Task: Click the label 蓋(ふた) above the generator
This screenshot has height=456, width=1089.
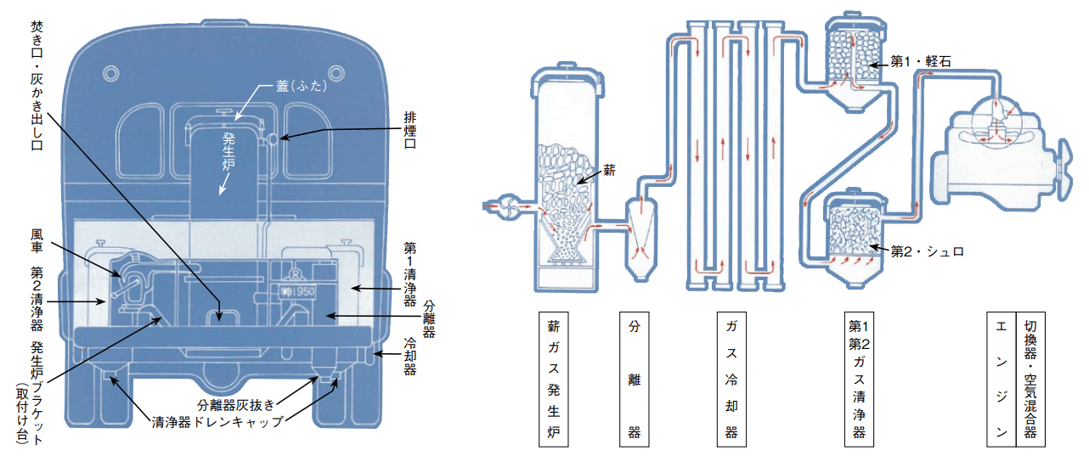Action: click(x=302, y=86)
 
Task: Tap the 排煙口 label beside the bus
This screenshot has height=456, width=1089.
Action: click(x=409, y=130)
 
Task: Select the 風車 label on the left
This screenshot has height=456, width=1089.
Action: click(x=37, y=240)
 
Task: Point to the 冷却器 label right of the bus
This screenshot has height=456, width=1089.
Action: click(x=409, y=357)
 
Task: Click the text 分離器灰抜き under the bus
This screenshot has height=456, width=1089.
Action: click(x=236, y=404)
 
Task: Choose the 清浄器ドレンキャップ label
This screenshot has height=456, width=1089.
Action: click(x=217, y=421)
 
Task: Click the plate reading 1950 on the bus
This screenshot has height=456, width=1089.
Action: click(x=298, y=291)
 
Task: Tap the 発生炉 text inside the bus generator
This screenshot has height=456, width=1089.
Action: click(x=229, y=151)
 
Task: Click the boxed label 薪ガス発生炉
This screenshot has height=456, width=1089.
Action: click(x=553, y=380)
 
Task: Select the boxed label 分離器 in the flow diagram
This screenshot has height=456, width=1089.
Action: click(x=634, y=380)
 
